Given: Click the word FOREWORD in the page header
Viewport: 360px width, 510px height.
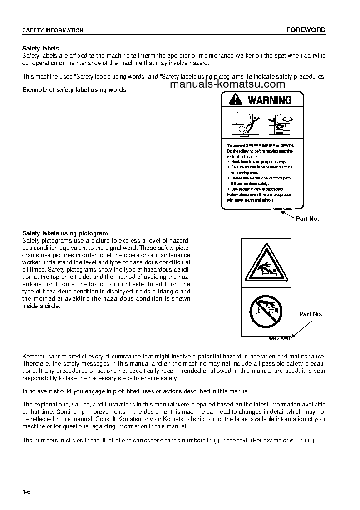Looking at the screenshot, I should pos(306,30).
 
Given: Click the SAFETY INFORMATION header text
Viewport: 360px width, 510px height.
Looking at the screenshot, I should pos(53,30).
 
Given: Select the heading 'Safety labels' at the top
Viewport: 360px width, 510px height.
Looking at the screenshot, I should pos(41,48).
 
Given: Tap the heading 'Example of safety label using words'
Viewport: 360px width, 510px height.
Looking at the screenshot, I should pos(74,89).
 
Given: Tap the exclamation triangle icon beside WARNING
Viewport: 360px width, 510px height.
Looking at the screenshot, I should pos(236,99).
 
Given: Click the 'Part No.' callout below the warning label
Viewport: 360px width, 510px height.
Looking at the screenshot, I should pos(307,218).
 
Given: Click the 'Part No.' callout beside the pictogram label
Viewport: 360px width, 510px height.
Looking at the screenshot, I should pos(311,314).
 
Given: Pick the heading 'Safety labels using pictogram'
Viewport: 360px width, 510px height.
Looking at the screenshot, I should pos(65,233).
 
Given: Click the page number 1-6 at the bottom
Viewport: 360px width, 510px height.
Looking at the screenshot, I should pos(26,492).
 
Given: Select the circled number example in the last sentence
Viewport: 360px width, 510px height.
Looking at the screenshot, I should pos(293,441).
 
